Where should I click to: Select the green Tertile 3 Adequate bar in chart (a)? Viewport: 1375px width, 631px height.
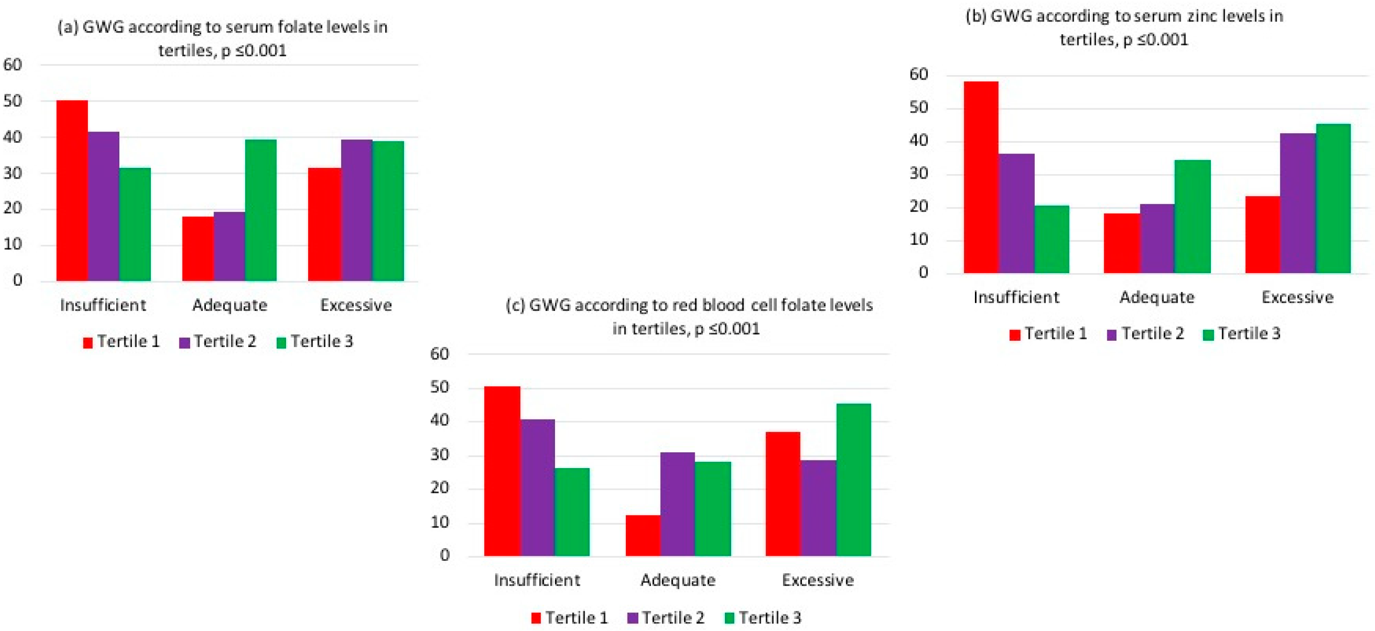coord(260,210)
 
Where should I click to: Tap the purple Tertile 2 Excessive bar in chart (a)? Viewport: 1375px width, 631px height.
coord(356,210)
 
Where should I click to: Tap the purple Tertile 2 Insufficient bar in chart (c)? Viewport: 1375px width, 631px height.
coord(537,487)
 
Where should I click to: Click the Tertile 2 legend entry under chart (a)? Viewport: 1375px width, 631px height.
coord(218,341)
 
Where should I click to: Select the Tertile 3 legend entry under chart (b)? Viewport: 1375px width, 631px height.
coord(1242,334)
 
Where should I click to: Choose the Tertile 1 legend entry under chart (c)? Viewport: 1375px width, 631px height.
coord(569,617)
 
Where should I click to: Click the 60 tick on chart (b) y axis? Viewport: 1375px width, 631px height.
coord(919,74)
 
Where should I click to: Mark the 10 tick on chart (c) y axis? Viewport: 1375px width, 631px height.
coord(440,522)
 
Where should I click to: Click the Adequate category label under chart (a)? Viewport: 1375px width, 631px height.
coord(229,305)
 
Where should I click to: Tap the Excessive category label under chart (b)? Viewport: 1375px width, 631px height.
coord(1297,297)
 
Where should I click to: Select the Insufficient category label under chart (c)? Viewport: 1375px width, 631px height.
coord(537,580)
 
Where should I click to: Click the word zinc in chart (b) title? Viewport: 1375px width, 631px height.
coord(1193,16)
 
